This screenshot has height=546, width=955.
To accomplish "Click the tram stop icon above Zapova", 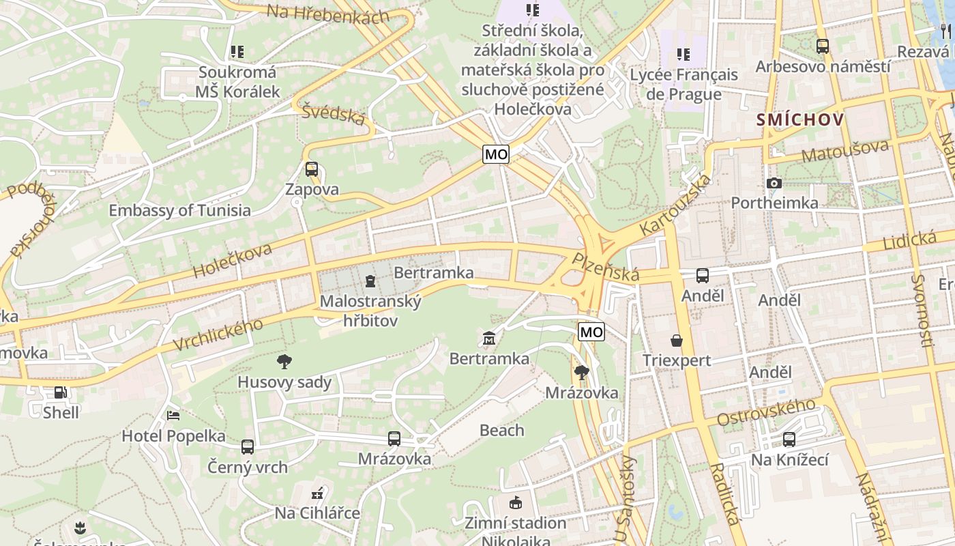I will pyautogui.click(x=312, y=169).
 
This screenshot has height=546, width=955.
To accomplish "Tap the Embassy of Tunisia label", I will pyautogui.click(x=179, y=210).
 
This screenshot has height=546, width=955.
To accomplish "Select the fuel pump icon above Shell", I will pyautogui.click(x=61, y=392).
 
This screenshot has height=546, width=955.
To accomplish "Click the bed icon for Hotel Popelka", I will pyautogui.click(x=173, y=415).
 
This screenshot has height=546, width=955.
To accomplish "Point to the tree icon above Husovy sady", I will pyautogui.click(x=284, y=362).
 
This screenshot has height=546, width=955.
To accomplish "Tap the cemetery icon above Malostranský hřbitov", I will pyautogui.click(x=370, y=281).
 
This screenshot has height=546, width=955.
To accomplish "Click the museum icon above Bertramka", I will pyautogui.click(x=489, y=338).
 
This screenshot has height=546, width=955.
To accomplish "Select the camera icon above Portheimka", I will pyautogui.click(x=774, y=183).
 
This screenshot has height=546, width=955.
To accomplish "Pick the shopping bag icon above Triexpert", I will pyautogui.click(x=677, y=340).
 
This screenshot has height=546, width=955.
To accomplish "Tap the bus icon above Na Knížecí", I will pyautogui.click(x=789, y=440).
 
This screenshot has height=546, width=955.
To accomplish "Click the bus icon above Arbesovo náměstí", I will pyautogui.click(x=823, y=46).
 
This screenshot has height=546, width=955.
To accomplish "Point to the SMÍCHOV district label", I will pyautogui.click(x=800, y=120).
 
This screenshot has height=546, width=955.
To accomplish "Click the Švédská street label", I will pyautogui.click(x=334, y=113).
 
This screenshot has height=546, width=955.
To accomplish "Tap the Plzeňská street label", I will pyautogui.click(x=606, y=267).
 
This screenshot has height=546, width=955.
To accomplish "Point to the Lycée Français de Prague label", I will pyautogui.click(x=684, y=84).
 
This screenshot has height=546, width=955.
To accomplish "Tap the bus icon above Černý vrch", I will pyautogui.click(x=248, y=447).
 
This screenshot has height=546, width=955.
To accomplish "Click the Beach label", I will pyautogui.click(x=502, y=430).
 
